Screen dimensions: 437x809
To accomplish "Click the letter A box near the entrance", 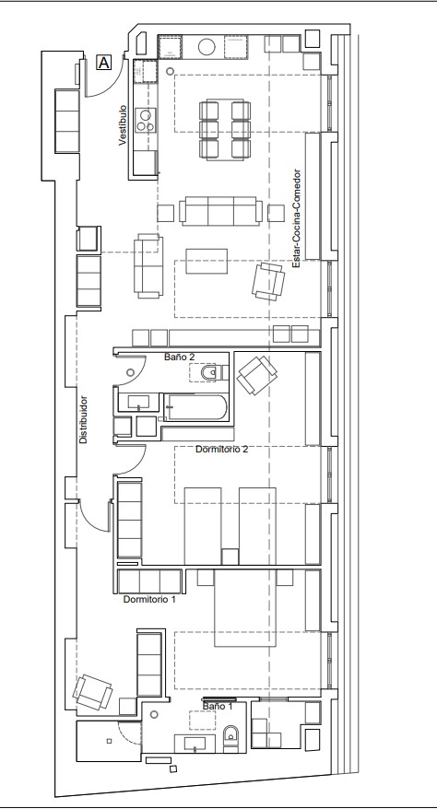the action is point(104,63).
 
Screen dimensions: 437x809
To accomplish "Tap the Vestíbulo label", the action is point(123,125).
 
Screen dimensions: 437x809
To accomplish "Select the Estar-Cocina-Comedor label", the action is point(296,218).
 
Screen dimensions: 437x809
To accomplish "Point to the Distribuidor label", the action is point(83,419).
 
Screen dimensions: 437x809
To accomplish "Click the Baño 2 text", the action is point(180,357).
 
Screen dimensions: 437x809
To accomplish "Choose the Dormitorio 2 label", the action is point(222,450).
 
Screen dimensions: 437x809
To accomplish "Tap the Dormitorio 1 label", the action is point(149,600).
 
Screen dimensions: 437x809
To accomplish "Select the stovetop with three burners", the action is point(146,120).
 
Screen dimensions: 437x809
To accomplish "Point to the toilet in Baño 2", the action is point(211,372).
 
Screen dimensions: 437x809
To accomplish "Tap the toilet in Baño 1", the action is point(231,735).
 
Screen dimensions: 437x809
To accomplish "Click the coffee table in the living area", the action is point(207,261).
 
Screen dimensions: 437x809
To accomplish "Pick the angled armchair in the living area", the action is point(268,281).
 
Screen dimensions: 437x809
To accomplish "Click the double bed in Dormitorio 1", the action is point(245,608).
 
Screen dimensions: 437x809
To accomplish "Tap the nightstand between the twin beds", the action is point(230,557).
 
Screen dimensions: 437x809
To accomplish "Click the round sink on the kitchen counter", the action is point(207,47).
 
